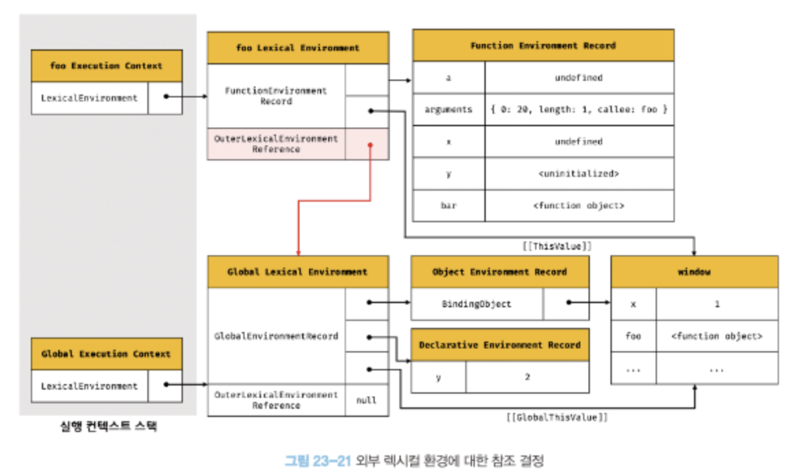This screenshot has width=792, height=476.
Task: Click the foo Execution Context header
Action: tap(107, 66)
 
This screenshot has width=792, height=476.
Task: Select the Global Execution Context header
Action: tap(107, 354)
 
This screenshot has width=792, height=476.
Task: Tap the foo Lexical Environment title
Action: tap(298, 48)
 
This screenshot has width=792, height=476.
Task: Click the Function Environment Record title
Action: tap(543, 45)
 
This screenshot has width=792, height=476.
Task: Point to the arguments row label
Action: tap(449, 109)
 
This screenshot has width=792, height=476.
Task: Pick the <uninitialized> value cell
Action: tap(579, 174)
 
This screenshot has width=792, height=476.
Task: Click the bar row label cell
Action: tap(449, 205)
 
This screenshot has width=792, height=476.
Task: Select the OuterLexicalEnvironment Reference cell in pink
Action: tap(276, 144)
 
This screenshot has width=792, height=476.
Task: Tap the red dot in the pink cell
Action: tap(370, 145)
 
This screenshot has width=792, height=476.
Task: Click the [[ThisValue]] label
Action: tap(556, 246)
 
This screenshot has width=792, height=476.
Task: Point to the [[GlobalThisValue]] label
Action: tap(556, 417)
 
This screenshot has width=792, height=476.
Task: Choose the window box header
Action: tap(695, 272)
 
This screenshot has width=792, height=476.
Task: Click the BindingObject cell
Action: tap(477, 304)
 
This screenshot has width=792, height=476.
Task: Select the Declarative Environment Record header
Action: tap(500, 345)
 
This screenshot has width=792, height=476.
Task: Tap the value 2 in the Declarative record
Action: tap(528, 377)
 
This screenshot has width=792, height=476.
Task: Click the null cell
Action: tap(367, 400)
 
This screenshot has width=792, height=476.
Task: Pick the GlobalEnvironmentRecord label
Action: tap(276, 336)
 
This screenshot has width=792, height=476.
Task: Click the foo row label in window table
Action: tap(634, 336)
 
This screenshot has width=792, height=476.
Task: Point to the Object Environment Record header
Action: tap(500, 272)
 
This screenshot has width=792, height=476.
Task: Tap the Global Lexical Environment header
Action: tap(298, 272)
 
